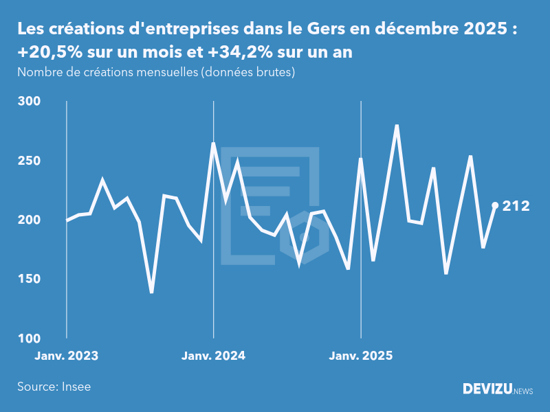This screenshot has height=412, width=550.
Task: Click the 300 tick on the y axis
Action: coord(29,101)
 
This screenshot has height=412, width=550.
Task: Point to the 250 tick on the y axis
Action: coord(29,161)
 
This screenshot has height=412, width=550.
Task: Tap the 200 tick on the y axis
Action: coord(29,220)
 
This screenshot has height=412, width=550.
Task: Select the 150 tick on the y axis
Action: coord(29,279)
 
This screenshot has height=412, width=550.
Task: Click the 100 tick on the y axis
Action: coord(29,339)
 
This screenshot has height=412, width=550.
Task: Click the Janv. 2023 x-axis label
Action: coord(67,356)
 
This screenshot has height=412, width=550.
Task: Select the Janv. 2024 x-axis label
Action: coord(214,356)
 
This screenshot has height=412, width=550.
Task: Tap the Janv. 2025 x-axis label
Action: coord(361,356)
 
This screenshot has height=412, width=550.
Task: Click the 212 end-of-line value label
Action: coord(516,205)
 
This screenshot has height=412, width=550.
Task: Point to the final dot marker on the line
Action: coord(495,205)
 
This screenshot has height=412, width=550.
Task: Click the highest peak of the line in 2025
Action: coord(397,125)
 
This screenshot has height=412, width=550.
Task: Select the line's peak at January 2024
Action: coord(213,143)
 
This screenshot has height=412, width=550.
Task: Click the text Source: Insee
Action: coord(54,387)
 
